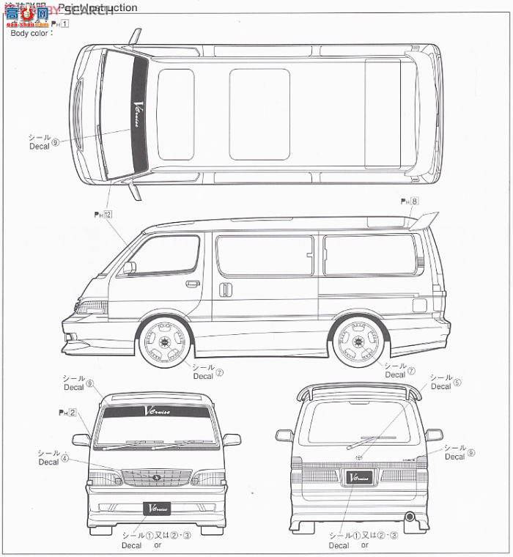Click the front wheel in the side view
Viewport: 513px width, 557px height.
[165, 342]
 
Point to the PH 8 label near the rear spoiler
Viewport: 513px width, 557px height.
[410, 200]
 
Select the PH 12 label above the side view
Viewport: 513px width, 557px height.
[103, 214]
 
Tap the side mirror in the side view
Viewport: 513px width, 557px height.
[129, 268]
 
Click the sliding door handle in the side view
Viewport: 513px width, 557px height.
[226, 289]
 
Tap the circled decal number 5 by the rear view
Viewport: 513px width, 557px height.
[457, 382]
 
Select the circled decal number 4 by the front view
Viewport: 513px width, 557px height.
[64, 458]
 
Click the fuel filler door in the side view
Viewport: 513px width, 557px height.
[418, 303]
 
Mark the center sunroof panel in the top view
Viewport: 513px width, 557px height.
[259, 114]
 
